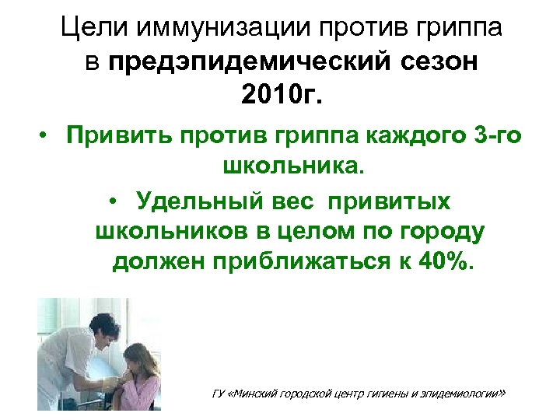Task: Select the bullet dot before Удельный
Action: pyautogui.click(x=114, y=201)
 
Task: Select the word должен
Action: pyautogui.click(x=156, y=263)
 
